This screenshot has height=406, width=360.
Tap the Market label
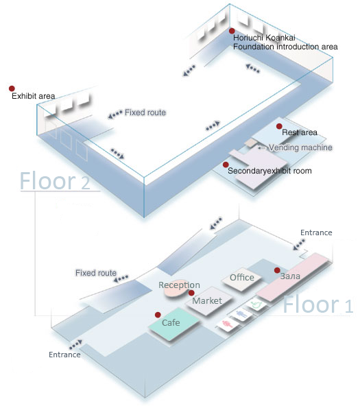[207, 300]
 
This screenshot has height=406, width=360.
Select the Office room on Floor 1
[242, 279]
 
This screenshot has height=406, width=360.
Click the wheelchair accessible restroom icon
[256, 304]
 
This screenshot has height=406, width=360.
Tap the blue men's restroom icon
[242, 315]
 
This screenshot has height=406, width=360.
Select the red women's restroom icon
[227, 324]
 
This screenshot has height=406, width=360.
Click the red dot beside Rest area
[279, 126]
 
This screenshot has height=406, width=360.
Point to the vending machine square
[250, 143]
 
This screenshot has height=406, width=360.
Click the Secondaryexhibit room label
[269, 171]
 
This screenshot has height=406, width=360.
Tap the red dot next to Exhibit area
[12, 88]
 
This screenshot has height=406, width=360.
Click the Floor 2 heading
[55, 181]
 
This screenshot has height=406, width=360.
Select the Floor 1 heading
[317, 304]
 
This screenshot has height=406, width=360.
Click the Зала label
[290, 276]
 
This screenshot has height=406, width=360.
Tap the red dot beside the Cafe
[158, 315]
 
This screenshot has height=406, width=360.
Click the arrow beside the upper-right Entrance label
[299, 245]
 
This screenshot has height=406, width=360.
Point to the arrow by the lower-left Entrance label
[75, 344]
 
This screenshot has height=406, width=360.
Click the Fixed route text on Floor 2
[145, 112]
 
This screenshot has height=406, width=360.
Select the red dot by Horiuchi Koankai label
[232, 31]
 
